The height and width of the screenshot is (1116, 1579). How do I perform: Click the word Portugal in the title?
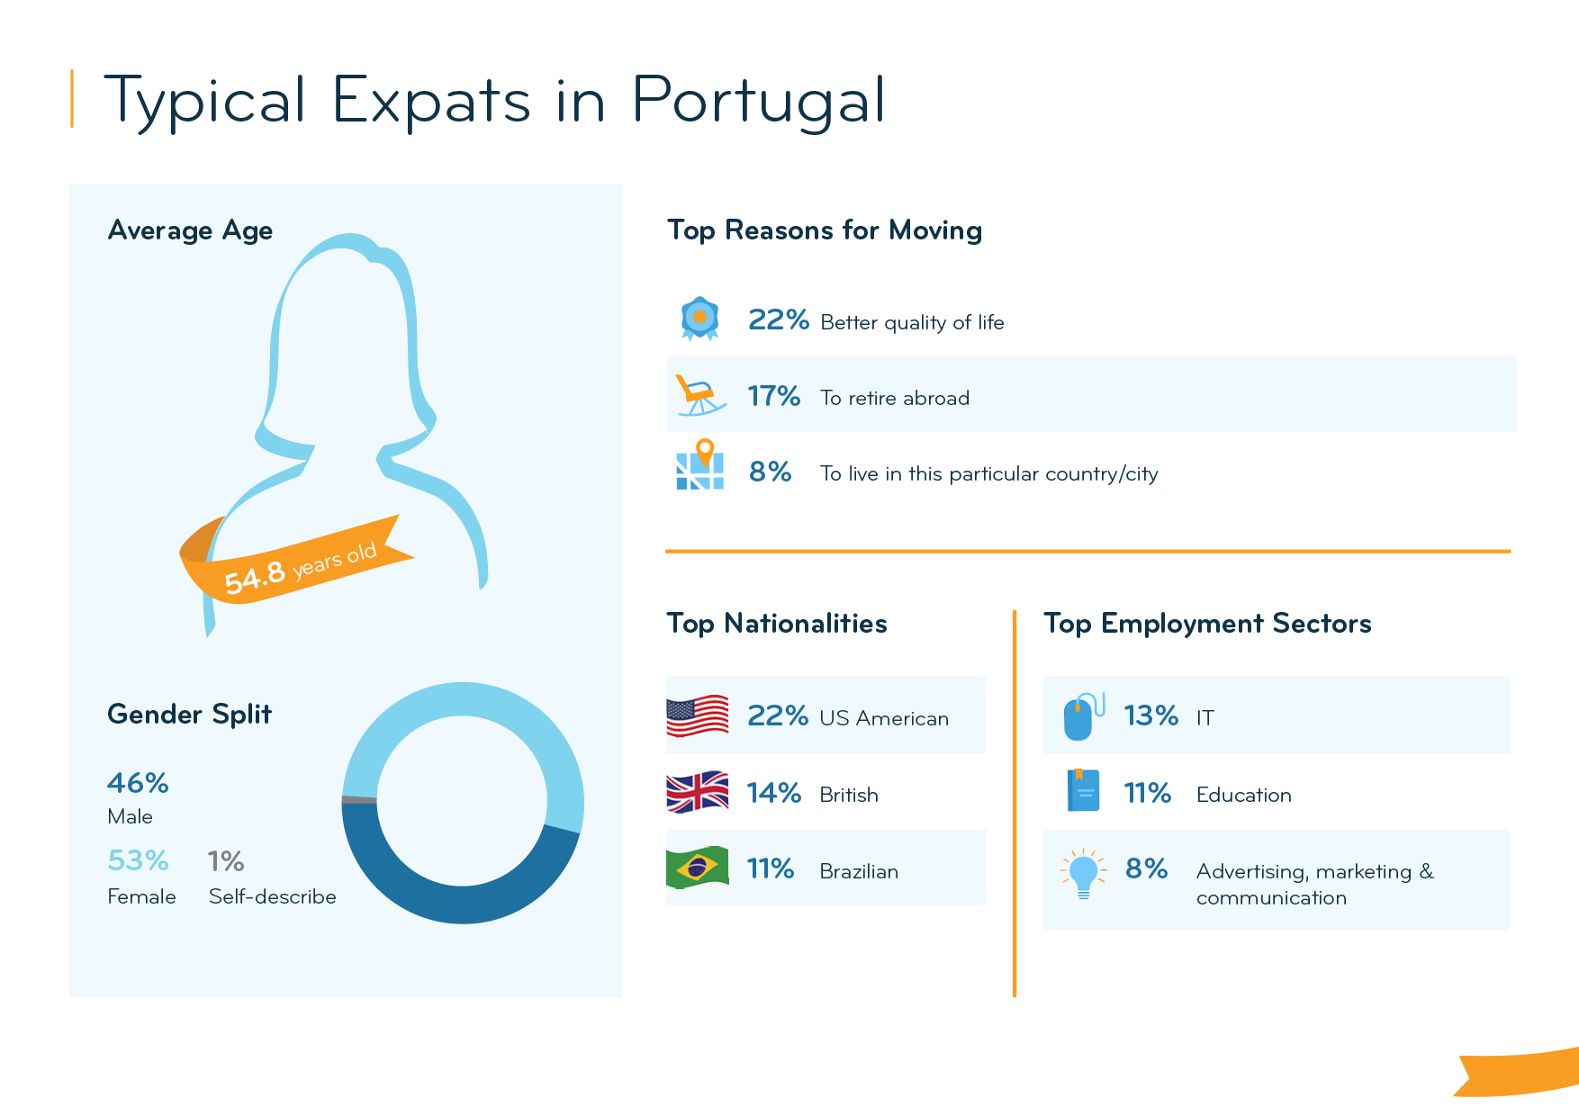tap(759, 101)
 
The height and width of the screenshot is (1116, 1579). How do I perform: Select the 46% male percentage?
tap(138, 783)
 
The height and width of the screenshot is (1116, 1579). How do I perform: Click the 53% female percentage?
tap(138, 860)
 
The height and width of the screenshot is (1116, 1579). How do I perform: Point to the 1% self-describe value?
tap(225, 861)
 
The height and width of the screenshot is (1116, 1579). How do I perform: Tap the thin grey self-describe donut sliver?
tap(359, 799)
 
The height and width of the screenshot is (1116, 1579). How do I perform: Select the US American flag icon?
tap(698, 715)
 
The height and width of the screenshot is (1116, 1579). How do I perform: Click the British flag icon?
tap(698, 792)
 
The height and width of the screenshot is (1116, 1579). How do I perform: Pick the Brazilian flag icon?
tap(698, 868)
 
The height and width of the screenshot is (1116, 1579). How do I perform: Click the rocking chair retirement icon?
tap(698, 396)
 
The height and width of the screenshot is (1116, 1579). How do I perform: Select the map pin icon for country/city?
tap(700, 466)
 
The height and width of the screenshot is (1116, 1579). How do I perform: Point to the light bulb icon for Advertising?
tap(1083, 873)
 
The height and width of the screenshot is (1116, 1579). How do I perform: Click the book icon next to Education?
tap(1083, 790)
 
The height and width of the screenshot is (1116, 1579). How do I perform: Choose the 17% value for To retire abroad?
tap(773, 396)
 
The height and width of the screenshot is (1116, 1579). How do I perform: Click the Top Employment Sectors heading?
tap(1207, 624)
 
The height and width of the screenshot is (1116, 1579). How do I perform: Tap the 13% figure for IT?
tap(1150, 715)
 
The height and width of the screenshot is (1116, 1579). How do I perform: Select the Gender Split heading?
tap(189, 715)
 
